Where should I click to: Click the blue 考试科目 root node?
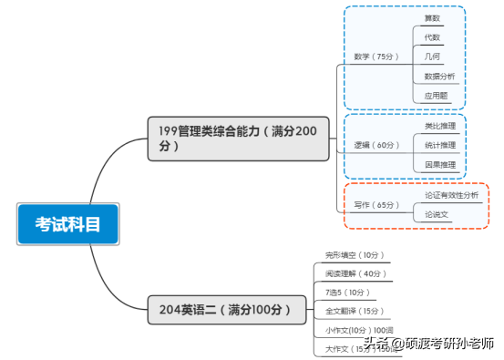coord(67,224)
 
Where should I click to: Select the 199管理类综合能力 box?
coord(238,139)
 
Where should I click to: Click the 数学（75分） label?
coord(376,57)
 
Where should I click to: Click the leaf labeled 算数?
coord(433,17)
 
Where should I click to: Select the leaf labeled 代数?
coord(433,37)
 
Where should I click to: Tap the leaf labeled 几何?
coord(433,57)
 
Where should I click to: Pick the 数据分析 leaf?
coord(439,76)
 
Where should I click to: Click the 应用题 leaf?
coord(436,96)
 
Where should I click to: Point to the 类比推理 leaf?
coord(440,126)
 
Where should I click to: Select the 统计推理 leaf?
coord(440,145)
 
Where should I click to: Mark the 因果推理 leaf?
coord(440,165)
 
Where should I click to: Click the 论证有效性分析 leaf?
coord(451,195)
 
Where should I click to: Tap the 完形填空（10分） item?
coord(355,255)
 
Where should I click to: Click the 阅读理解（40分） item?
coord(355,273)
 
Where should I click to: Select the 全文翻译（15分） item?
coord(355,311)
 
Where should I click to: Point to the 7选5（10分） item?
coord(348,293)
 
